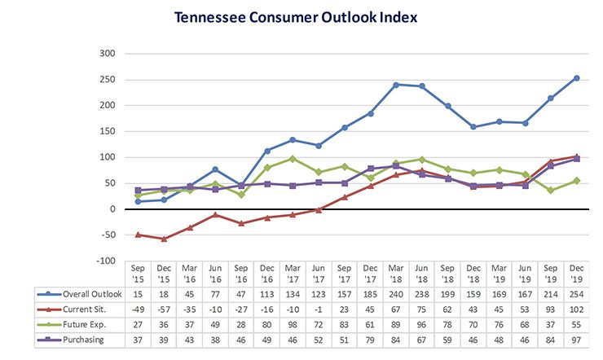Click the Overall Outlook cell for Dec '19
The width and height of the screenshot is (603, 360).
[x=578, y=293]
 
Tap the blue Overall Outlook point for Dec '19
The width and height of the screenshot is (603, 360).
[x=577, y=78]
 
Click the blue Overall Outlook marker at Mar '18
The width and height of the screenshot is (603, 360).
[x=396, y=85]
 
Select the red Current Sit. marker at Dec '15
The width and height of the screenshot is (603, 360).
[x=165, y=239]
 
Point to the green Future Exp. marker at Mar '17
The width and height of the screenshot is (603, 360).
[x=293, y=159]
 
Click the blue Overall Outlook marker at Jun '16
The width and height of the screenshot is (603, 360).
[x=216, y=169]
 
